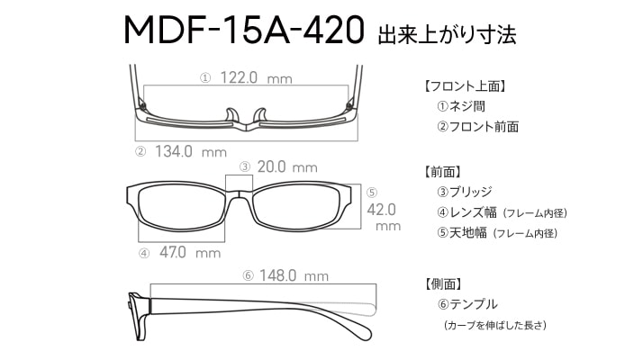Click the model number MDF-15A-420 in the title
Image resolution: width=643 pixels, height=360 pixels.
click(244, 30)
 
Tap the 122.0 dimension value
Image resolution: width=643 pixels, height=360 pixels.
click(239, 77)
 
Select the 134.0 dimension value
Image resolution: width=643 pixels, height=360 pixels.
click(174, 152)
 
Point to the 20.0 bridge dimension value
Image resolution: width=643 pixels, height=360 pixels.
click(271, 166)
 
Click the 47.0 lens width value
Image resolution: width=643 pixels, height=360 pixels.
click(173, 252)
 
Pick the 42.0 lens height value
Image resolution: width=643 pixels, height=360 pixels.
click(381, 210)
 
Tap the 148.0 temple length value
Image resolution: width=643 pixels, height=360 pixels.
click(277, 275)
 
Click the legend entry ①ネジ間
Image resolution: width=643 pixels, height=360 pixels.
click(461, 106)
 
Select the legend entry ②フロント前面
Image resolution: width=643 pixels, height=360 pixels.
click(477, 127)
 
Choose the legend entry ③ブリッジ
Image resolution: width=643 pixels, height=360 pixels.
click(465, 192)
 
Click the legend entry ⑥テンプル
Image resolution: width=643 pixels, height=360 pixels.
click(467, 304)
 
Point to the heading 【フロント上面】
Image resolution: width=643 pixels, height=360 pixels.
click(464, 86)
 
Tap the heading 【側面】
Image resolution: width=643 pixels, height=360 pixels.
click(442, 283)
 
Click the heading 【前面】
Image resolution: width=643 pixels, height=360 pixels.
click(442, 172)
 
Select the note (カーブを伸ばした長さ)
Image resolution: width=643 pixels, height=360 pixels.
click(495, 326)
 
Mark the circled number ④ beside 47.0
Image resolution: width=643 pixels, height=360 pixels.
click(144, 254)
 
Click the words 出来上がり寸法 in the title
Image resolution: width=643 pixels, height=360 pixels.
click(447, 34)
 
